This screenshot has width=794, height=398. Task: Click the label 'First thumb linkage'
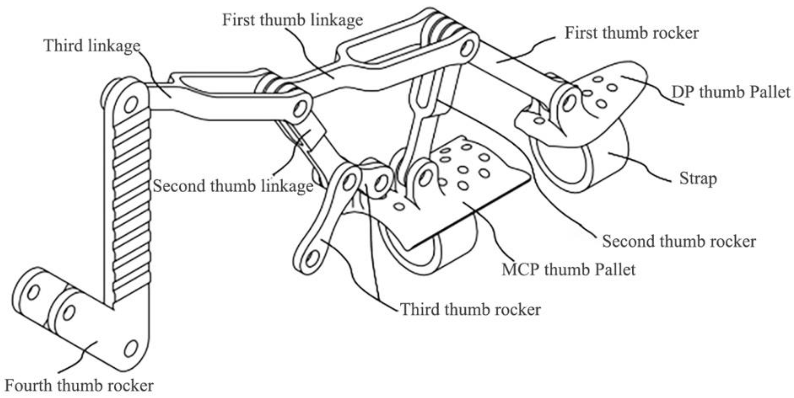[x=292, y=20]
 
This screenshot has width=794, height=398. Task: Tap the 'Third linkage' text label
[x=92, y=46]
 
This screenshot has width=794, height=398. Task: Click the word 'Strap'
[x=698, y=179]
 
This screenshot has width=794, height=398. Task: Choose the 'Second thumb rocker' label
[x=679, y=241]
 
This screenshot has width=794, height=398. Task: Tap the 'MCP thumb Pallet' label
[x=568, y=270]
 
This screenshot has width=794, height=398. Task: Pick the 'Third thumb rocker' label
[x=470, y=309]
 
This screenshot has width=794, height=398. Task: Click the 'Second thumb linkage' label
[x=233, y=186]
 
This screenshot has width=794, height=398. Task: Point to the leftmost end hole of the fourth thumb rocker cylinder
[x=33, y=292]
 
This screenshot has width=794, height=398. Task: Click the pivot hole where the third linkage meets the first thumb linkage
[x=300, y=109]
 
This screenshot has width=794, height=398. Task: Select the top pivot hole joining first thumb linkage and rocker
[x=467, y=49]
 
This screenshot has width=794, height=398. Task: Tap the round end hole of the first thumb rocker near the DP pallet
[x=569, y=103]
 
